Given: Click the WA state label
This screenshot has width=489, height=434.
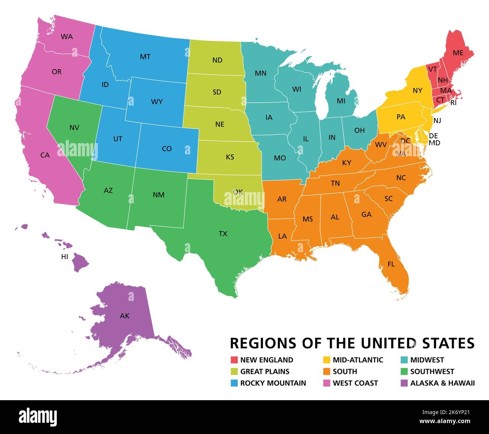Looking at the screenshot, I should point(67,37).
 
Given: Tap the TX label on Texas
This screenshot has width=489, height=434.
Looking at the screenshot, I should point(223,234).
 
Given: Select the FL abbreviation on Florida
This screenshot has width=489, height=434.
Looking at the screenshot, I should point(391,264).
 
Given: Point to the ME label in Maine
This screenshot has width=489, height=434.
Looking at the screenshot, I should point(458,53).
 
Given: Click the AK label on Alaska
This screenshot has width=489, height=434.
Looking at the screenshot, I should point(125,316).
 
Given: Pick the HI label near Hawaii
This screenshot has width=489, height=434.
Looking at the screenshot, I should point(65,257).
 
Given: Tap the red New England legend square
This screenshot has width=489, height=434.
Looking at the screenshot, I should point(234,360).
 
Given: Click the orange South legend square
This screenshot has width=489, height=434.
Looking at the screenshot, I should point(326,372).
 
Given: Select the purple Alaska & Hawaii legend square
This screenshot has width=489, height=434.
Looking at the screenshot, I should point(404,383).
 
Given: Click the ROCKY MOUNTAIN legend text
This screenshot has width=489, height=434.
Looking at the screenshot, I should point(273,383).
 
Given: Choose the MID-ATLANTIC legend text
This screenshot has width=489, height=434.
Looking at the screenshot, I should point(358,360).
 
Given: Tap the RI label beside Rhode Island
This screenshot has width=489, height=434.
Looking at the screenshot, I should point(453,103).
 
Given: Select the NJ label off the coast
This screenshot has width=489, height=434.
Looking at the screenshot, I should point(437,121).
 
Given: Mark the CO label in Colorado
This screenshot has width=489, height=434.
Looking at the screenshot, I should point(167,149).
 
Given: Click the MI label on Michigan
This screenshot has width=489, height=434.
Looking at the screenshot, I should point(341,101).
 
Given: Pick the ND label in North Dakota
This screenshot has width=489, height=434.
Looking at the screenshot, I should point(217,60).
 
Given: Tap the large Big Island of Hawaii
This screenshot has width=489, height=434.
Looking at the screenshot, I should point(80,262).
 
